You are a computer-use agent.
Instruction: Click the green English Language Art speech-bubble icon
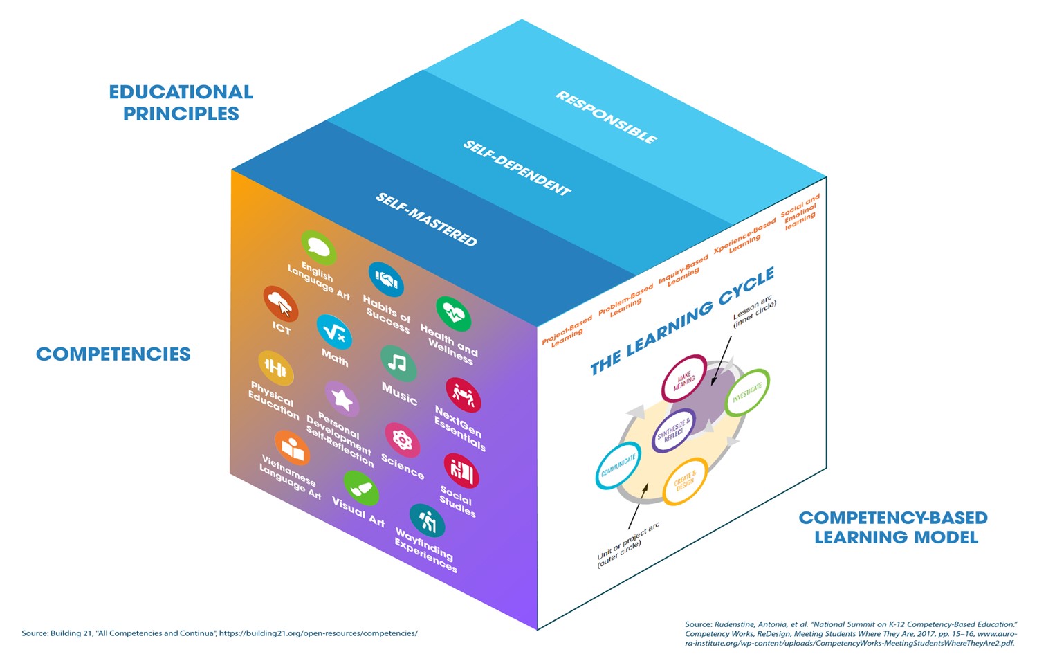tap(318, 247)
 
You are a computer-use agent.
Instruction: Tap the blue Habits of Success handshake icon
tap(385, 279)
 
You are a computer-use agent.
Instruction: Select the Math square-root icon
tap(334, 332)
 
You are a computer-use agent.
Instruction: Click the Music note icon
tap(398, 363)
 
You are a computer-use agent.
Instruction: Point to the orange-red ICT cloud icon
tap(280, 303)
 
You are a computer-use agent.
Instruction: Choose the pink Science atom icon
tap(402, 440)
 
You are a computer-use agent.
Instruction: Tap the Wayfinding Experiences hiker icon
tap(427, 520)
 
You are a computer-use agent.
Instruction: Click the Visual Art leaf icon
tap(360, 489)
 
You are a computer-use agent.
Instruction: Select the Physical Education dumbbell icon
tap(275, 368)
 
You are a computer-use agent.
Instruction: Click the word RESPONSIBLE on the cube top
tap(606, 117)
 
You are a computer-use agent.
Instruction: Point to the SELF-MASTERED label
tap(426, 219)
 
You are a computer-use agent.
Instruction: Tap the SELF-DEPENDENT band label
tap(517, 167)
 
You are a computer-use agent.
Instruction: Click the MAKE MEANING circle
tap(684, 379)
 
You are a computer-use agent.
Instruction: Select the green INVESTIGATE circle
tap(747, 392)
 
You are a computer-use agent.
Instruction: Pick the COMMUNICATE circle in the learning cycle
tap(618, 465)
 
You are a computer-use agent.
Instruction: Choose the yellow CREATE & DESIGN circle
tap(685, 480)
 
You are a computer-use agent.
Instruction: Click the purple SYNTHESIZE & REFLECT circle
tap(674, 431)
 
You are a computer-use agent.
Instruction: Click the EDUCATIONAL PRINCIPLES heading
tap(181, 102)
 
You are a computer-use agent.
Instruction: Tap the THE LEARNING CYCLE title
tap(682, 320)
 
